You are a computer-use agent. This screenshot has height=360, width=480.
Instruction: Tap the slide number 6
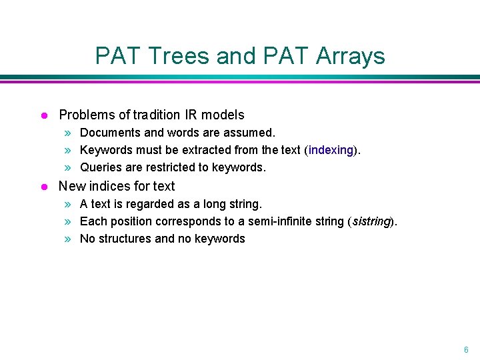[x=466, y=349]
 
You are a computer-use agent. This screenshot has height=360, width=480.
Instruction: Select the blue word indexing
[x=331, y=150]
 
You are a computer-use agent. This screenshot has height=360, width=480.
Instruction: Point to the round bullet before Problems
[x=43, y=115]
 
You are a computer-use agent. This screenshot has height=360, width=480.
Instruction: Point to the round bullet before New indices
[x=43, y=187]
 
